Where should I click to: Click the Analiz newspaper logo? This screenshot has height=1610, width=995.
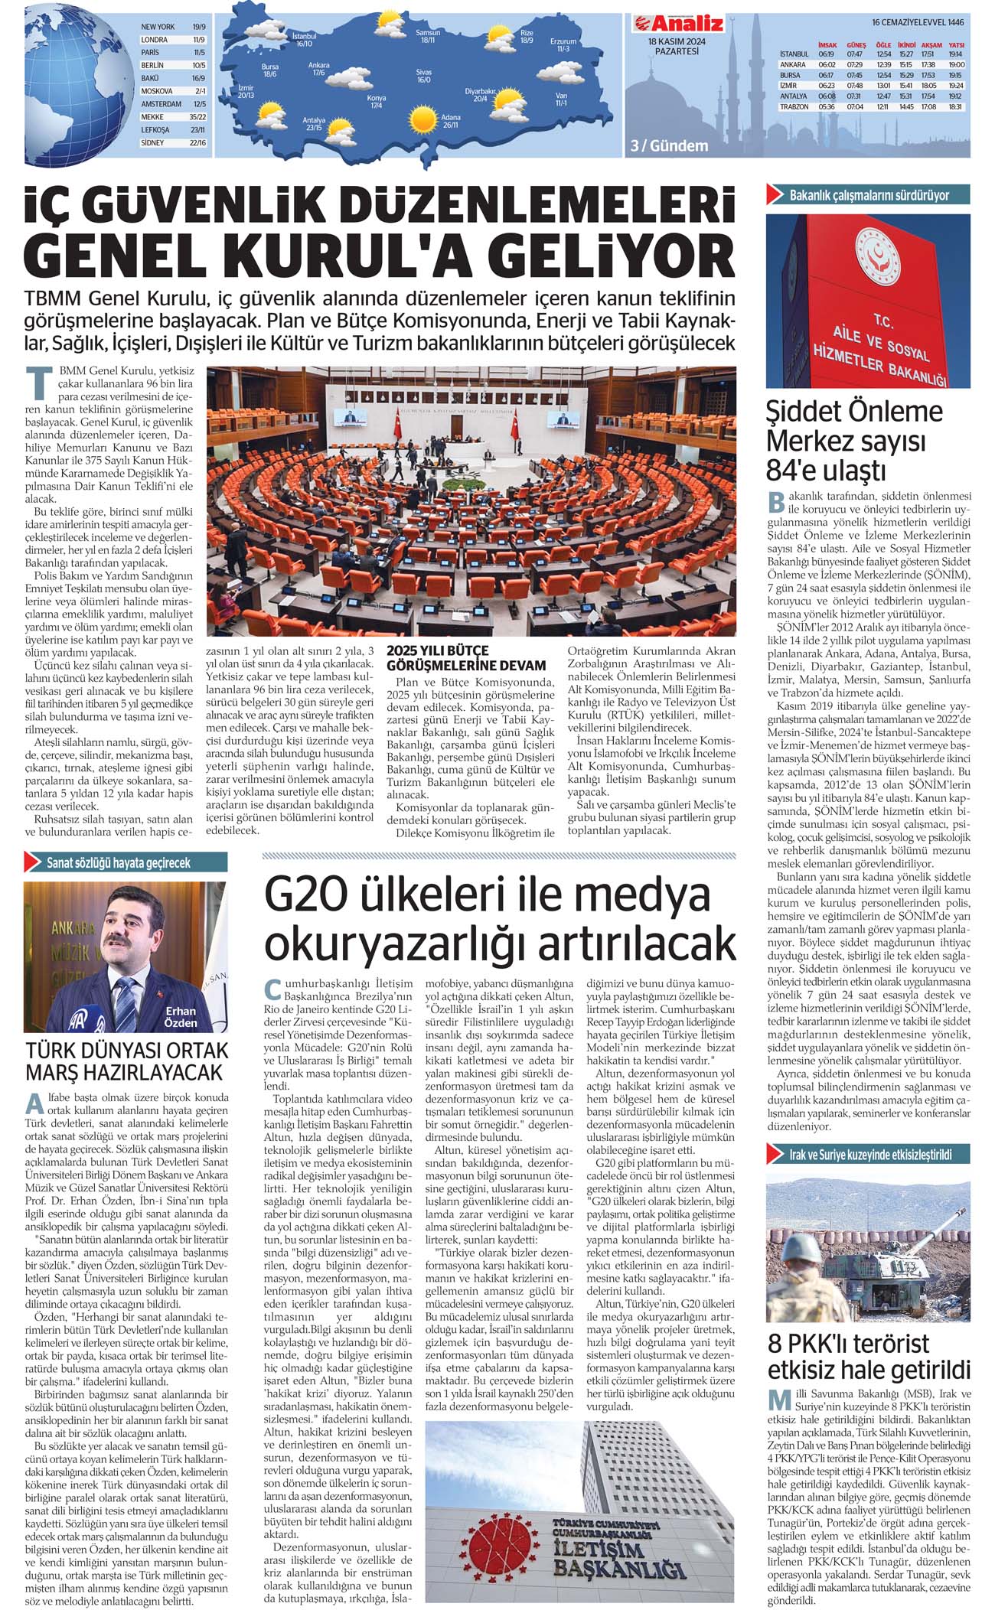point(678,24)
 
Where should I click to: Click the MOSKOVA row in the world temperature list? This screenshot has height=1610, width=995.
point(173,90)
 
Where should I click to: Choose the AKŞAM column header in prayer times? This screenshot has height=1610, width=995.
point(931,45)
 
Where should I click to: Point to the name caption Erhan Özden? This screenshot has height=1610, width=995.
point(180,1017)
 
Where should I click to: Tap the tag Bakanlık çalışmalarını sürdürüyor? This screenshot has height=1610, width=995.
point(869,195)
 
